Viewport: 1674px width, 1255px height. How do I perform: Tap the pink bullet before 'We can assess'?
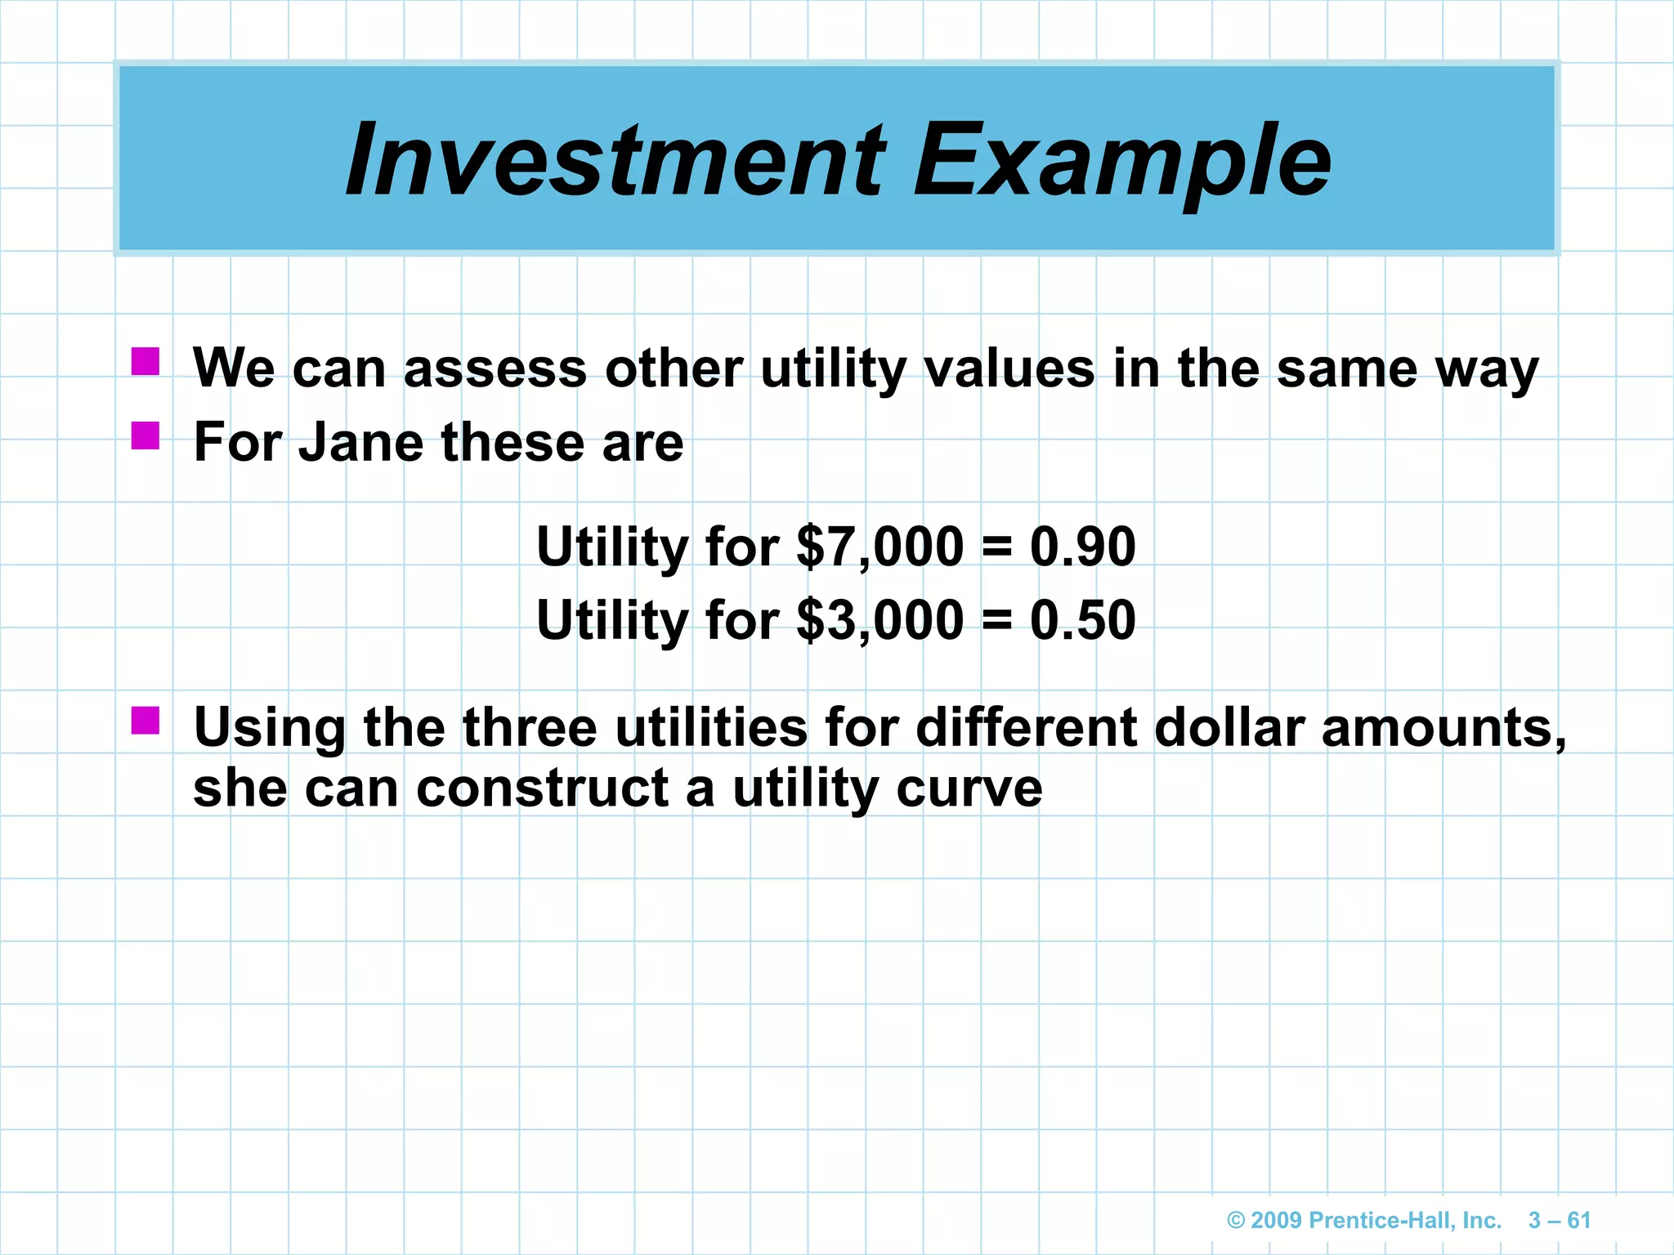(145, 361)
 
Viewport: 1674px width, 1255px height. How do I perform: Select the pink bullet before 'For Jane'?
(145, 435)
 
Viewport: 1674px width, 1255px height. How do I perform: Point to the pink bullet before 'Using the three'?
(145, 721)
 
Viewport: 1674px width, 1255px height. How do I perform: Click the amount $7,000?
(880, 547)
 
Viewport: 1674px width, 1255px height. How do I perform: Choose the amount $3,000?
(880, 620)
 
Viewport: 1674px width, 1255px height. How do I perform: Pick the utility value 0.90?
(1082, 547)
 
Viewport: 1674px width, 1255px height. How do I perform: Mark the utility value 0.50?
(1082, 620)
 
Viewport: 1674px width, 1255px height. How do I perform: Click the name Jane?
(360, 442)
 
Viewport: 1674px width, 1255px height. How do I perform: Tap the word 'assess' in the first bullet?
(495, 369)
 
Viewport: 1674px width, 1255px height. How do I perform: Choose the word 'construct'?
(543, 789)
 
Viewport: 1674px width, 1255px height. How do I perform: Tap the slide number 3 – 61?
(1560, 1221)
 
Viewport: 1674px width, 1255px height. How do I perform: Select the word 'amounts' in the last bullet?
(1443, 727)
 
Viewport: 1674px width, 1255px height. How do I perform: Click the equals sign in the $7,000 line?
(996, 547)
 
